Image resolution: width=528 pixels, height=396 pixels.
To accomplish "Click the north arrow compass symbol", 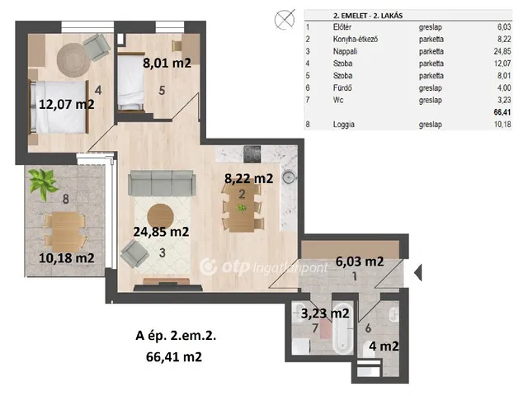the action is (285, 20).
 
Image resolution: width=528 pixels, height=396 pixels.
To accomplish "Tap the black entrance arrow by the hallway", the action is (418, 272).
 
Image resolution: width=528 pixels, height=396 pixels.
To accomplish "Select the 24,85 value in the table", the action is (502, 51).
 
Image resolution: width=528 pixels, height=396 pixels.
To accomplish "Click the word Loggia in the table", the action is (343, 125).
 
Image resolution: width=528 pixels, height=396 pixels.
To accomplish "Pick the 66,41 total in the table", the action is (502, 112).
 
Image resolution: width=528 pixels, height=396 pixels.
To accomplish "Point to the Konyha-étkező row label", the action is (356, 39).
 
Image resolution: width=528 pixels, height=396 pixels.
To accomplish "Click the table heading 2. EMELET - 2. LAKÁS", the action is (368, 16).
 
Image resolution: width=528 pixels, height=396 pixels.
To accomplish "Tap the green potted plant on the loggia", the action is (43, 183).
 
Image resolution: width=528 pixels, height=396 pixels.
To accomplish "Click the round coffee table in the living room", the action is (161, 216).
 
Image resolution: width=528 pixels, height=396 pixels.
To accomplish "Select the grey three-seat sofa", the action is (162, 183).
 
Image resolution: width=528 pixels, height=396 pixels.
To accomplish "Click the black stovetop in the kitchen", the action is (252, 154).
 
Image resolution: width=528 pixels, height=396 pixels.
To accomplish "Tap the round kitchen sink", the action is (289, 177).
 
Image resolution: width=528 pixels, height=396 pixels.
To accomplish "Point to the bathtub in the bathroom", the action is (342, 327).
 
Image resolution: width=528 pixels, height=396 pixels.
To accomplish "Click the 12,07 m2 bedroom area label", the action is (67, 104).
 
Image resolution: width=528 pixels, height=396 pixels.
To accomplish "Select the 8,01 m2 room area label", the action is (167, 63).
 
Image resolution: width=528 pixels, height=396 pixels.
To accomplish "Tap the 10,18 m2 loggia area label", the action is (67, 258).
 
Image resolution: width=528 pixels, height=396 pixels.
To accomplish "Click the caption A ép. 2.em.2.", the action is (176, 336).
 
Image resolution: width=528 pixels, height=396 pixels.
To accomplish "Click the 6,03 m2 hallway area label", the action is (360, 262).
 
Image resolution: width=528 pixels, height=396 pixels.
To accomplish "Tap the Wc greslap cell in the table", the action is (431, 100).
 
